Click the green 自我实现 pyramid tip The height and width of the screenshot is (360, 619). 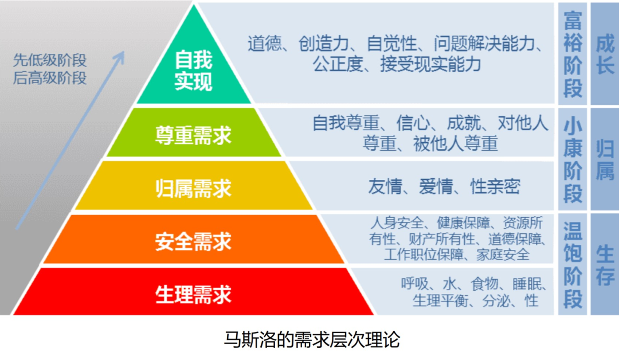tap(194, 72)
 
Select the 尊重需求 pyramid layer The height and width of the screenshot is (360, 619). tap(194, 135)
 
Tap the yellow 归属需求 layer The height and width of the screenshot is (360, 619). tap(194, 188)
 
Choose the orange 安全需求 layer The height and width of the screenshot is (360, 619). tap(194, 241)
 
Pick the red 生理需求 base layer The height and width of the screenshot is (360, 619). tap(194, 294)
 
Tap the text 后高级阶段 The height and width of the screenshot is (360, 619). tap(50, 77)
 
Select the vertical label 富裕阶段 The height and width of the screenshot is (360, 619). tap(573, 54)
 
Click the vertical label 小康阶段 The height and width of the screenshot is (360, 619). tap(573, 161)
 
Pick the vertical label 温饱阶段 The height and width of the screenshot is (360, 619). tap(573, 265)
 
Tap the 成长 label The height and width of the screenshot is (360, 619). tap(605, 54)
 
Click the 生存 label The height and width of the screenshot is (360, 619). tap(605, 265)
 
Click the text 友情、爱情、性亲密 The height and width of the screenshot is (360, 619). tap(444, 187)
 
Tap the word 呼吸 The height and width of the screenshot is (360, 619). tap(415, 284)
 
